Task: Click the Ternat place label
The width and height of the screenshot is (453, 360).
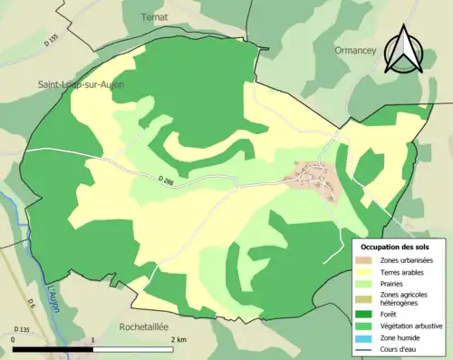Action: click(154, 16)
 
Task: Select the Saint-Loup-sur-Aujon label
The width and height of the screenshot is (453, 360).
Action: click(81, 84)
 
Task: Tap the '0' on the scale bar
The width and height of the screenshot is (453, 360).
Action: click(14, 339)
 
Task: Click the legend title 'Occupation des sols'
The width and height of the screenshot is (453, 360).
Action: click(397, 247)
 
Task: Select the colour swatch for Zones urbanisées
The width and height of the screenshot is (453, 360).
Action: click(363, 260)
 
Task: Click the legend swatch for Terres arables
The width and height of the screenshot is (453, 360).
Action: click(363, 272)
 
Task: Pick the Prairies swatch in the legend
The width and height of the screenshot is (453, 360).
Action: click(363, 284)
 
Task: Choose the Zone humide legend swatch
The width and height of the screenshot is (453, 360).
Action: click(363, 336)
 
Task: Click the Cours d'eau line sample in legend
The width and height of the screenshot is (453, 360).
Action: click(363, 348)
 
